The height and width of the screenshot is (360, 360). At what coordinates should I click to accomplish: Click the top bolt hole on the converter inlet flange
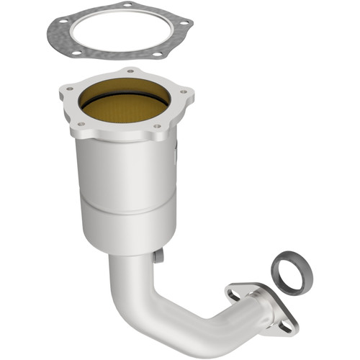coord(130,71)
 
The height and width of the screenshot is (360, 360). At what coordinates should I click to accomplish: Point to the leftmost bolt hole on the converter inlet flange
coord(69,89)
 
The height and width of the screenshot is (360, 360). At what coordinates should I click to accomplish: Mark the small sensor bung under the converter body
coord(158,256)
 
